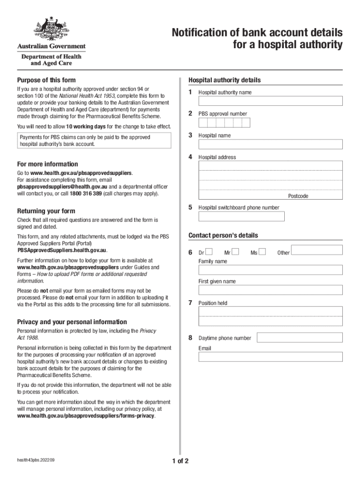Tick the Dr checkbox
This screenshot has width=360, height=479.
pos(209,252)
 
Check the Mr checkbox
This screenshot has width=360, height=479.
pos(235,252)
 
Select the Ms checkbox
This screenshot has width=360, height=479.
pos(262,252)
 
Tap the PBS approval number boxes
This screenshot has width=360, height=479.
pos(224,123)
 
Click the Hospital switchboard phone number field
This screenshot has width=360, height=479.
pos(241,217)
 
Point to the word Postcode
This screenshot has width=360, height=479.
pos(298,196)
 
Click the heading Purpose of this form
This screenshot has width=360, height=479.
pos(46,80)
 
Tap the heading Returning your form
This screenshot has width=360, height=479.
pos(46,211)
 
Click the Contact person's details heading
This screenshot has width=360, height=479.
pos(223,235)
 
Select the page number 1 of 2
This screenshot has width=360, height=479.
pos(180,461)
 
